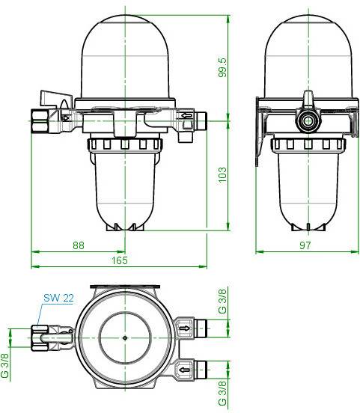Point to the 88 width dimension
(x=78, y=244)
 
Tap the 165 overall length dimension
(x=120, y=260)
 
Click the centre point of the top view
(x=124, y=338)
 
